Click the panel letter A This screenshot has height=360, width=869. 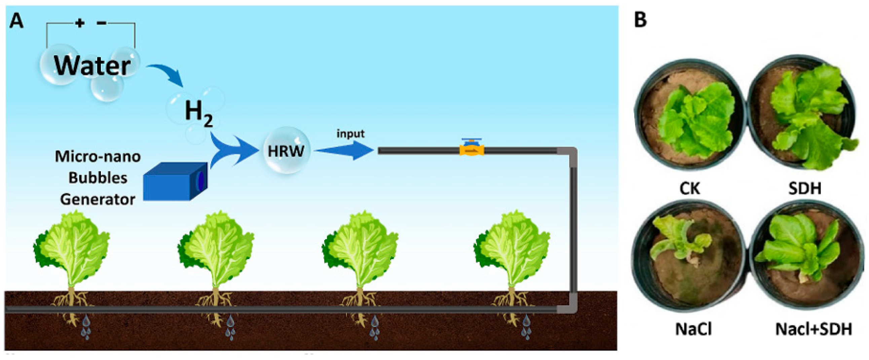pyautogui.click(x=16, y=21)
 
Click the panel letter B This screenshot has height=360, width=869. pyautogui.click(x=640, y=20)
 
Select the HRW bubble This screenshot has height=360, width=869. pyautogui.click(x=286, y=151)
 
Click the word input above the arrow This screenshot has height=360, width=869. pyautogui.click(x=350, y=134)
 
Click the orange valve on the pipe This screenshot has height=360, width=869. pyautogui.click(x=471, y=149)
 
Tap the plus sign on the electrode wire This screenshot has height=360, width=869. pyautogui.click(x=80, y=23)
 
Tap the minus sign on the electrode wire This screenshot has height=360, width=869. pyautogui.click(x=102, y=23)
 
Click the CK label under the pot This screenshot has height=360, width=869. pyautogui.click(x=689, y=188)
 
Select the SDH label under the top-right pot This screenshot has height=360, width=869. pyautogui.click(x=804, y=188)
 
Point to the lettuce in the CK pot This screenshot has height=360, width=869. pyautogui.click(x=695, y=118)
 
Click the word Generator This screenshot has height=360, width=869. pyautogui.click(x=98, y=200)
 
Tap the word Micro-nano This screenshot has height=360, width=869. pyautogui.click(x=98, y=156)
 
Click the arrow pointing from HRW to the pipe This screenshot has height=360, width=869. pyautogui.click(x=344, y=150)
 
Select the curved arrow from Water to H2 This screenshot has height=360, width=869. pyautogui.click(x=167, y=74)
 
